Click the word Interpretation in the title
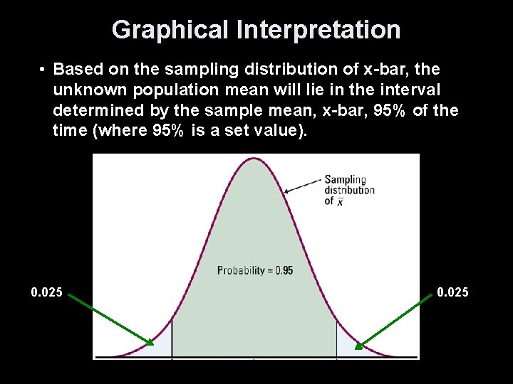[318, 30]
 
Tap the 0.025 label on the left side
[46, 292]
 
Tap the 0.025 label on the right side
[453, 292]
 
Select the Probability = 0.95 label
[254, 270]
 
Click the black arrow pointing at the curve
[304, 185]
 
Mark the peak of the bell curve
[254, 159]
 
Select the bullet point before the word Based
[43, 70]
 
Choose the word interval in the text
[410, 90]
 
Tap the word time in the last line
[69, 132]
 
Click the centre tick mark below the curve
[254, 358]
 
